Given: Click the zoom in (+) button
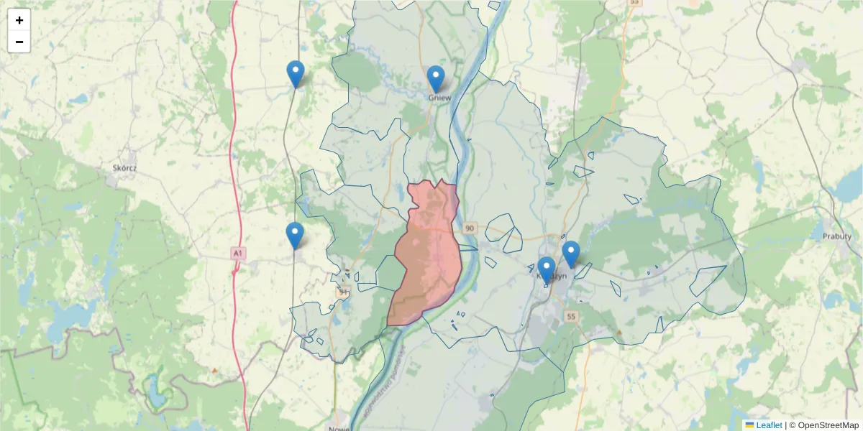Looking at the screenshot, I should pyautogui.click(x=19, y=20).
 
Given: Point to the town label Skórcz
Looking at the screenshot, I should pyautogui.click(x=124, y=168).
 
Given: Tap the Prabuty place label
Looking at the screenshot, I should pyautogui.click(x=836, y=236).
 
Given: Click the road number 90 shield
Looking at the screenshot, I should pyautogui.click(x=470, y=228).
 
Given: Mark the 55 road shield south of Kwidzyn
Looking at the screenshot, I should pyautogui.click(x=571, y=316).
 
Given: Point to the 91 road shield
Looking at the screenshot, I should pyautogui.click(x=344, y=292).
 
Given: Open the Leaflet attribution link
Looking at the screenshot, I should pyautogui.click(x=769, y=425).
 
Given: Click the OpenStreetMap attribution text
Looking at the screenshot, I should pyautogui.click(x=828, y=425).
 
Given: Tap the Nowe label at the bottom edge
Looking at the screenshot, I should pyautogui.click(x=338, y=428).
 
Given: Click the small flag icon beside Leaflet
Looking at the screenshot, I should pyautogui.click(x=750, y=425).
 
